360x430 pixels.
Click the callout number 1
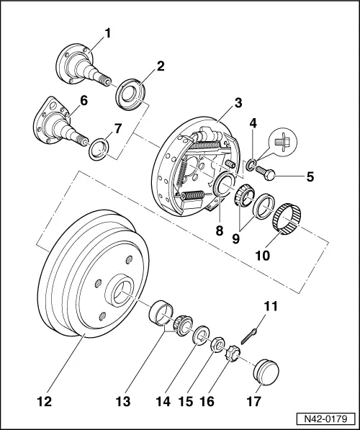tap(108, 32)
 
